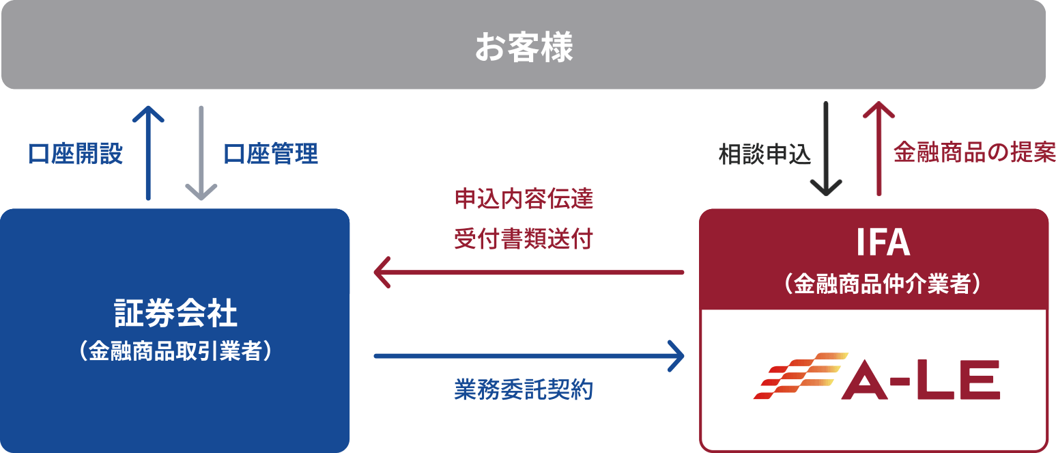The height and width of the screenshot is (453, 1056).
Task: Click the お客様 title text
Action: tap(524, 49)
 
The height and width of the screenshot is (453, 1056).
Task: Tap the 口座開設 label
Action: tap(75, 154)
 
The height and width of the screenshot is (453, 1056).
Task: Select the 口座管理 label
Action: tap(271, 154)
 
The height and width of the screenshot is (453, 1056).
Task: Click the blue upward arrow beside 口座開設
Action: tap(148, 153)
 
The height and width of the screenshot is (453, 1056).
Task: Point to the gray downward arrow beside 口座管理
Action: tap(201, 153)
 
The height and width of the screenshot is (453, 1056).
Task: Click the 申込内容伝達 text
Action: tap(524, 199)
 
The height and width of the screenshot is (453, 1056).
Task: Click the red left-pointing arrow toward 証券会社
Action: tap(529, 272)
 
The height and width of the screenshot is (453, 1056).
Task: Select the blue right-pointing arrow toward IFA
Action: tap(529, 355)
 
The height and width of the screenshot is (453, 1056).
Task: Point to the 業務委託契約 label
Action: tap(524, 389)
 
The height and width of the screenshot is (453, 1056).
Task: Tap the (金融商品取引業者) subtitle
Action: tap(175, 351)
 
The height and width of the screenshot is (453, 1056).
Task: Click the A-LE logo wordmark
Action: tap(920, 381)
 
